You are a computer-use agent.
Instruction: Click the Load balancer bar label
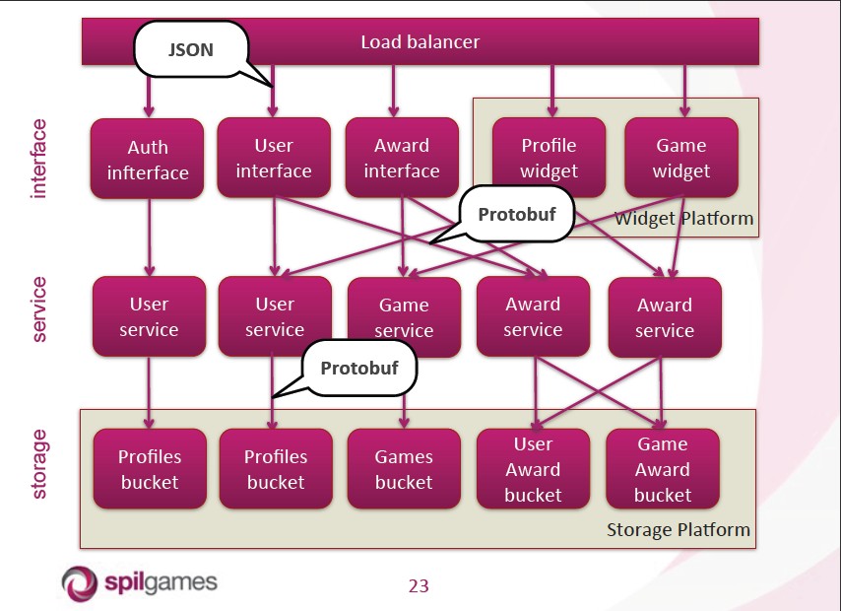coord(420,41)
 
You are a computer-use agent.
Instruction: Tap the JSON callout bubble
coord(191,49)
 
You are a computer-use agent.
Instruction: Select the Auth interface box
coord(147,159)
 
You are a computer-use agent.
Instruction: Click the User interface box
coord(274,158)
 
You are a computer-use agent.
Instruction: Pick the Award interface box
coord(402,158)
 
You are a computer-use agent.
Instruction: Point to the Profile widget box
coord(549,158)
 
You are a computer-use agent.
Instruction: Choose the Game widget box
coord(681,158)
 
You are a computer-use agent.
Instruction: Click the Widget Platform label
coord(683,219)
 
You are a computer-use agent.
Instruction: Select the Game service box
coord(404,317)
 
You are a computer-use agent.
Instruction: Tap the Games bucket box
coord(404,469)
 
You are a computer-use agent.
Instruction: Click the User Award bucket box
coord(533,469)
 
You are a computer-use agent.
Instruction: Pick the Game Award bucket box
coord(663,469)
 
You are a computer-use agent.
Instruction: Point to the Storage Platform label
coord(679,530)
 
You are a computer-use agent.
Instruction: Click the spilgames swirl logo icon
coord(80,583)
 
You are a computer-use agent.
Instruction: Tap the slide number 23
coord(419,585)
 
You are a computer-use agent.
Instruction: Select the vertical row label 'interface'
coord(38,159)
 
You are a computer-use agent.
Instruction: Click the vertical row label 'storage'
coord(38,464)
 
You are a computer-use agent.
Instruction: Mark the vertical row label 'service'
coord(38,309)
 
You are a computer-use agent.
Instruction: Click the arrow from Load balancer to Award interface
coord(393,92)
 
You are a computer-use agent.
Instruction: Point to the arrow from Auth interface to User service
coord(149,238)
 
